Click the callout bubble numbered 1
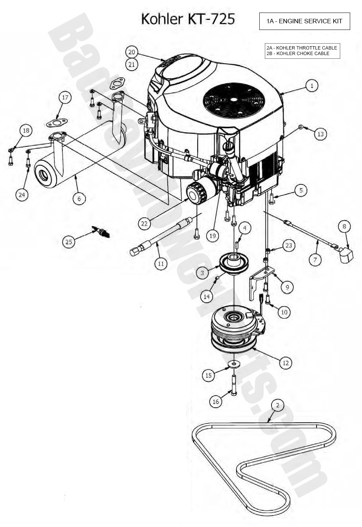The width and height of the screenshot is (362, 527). [x=312, y=86]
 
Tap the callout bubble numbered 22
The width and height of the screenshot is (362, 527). [x=144, y=223]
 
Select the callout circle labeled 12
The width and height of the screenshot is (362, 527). [x=285, y=363]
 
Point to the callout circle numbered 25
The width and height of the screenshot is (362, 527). [x=69, y=242]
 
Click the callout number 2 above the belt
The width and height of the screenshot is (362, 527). [x=277, y=405]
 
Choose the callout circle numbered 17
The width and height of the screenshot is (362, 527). [x=65, y=98]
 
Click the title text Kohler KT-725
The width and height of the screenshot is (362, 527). [x=188, y=19]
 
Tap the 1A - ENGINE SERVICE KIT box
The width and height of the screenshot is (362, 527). [x=304, y=21]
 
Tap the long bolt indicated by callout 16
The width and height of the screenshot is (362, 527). [x=234, y=384]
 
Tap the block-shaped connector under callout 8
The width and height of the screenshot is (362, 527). [x=346, y=255]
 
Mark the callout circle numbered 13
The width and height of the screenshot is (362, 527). [x=320, y=134]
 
